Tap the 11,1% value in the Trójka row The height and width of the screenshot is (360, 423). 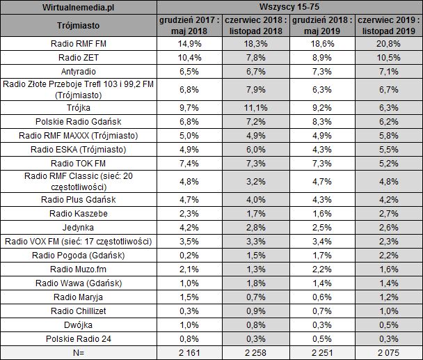[257, 108]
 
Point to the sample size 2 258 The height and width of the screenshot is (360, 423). [257, 352]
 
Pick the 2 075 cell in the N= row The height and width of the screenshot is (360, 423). [389, 352]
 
